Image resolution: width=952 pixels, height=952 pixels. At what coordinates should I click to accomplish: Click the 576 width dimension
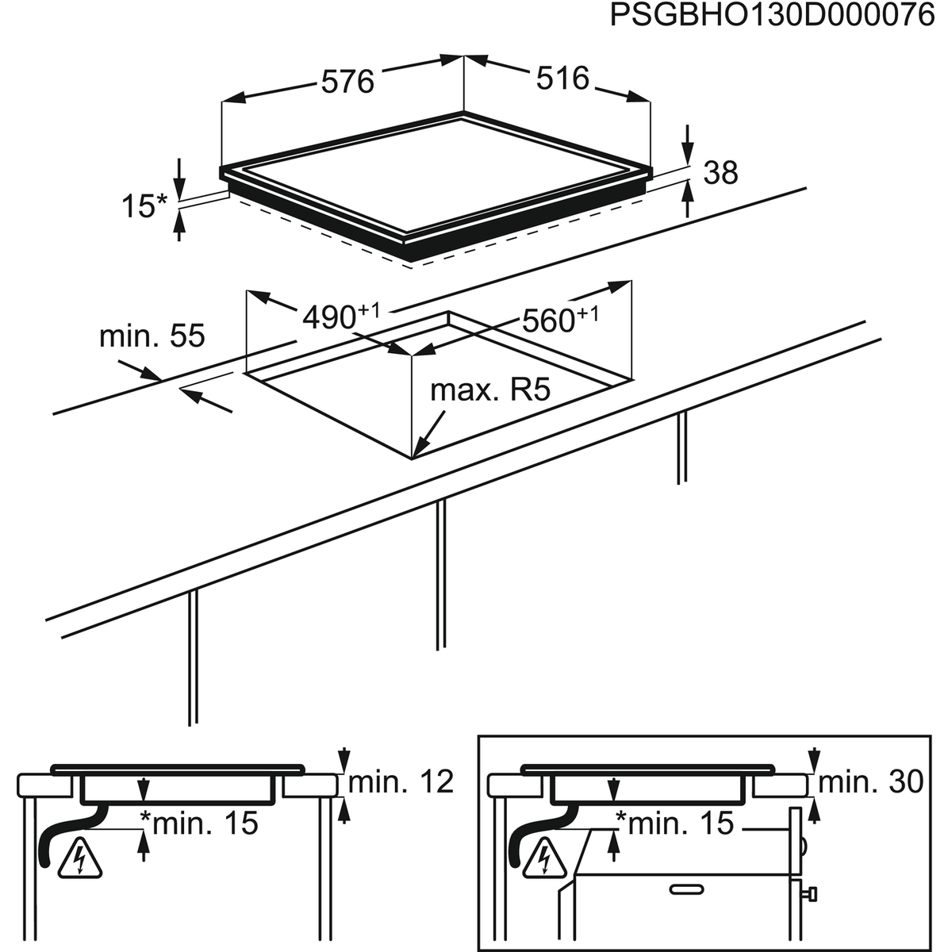[347, 81]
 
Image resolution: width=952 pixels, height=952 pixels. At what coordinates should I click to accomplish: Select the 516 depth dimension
[562, 79]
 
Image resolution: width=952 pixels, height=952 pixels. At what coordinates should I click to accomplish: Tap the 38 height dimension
[720, 172]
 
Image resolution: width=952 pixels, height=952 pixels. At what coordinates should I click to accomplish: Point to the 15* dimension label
[144, 206]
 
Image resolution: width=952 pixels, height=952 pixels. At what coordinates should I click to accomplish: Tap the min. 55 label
[152, 336]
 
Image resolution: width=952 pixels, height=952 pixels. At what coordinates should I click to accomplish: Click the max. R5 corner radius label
[489, 390]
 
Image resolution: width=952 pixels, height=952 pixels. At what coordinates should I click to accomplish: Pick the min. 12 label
[401, 782]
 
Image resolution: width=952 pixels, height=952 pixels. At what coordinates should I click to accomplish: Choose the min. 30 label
[870, 782]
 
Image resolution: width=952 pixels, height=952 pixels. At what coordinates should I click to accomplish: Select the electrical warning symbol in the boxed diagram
[545, 858]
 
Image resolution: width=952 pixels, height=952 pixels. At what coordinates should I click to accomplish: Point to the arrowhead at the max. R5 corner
[420, 448]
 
